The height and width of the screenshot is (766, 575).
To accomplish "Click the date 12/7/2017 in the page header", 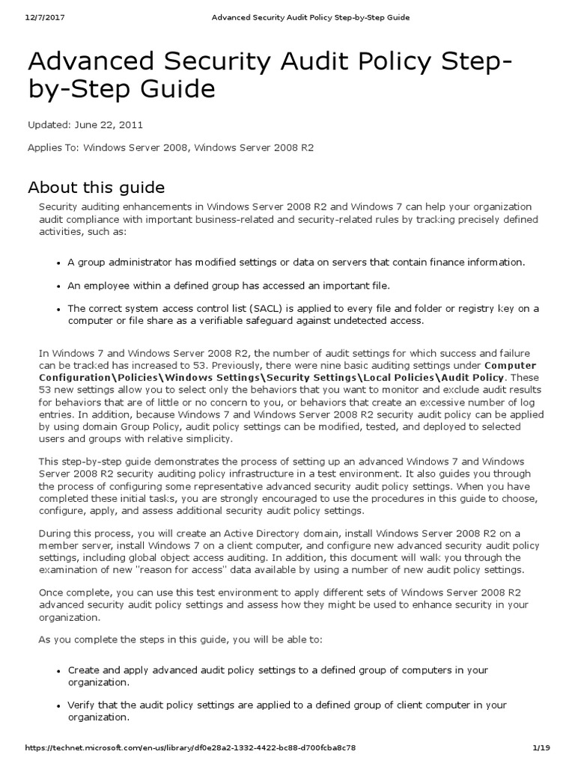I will click(x=25, y=17).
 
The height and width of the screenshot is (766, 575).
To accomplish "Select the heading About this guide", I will click(x=96, y=186).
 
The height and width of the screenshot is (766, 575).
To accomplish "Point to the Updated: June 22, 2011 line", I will click(x=85, y=125).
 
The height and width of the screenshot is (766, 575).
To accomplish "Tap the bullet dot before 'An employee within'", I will click(x=58, y=285).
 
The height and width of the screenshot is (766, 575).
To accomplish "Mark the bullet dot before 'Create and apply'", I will click(x=58, y=671).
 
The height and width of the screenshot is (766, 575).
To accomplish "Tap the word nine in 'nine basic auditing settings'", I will click(x=341, y=366).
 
